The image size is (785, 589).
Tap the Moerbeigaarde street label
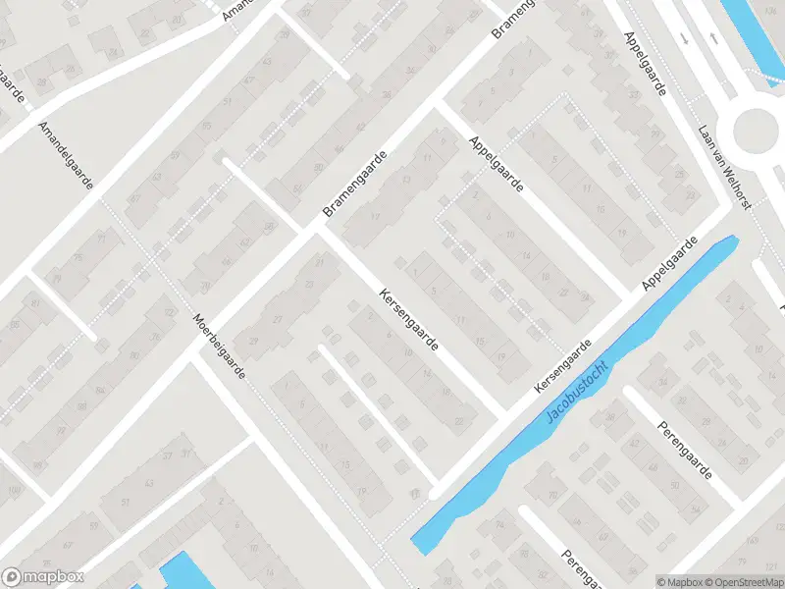219,348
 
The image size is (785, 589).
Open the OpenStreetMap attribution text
743,582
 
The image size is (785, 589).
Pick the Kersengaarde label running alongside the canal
563,368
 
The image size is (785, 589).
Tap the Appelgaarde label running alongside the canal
669,262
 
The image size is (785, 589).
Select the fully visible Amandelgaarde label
66,156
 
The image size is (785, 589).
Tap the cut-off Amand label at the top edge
237,10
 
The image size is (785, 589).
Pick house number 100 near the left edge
12,489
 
